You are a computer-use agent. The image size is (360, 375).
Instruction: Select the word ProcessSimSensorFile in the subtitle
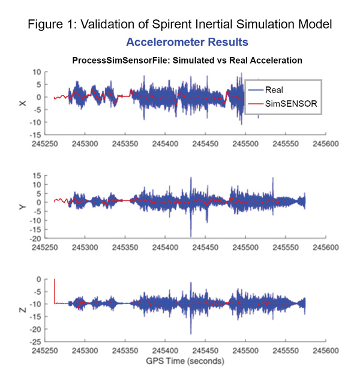point(116,61)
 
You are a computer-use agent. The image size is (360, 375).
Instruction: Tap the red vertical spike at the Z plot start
point(55,291)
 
